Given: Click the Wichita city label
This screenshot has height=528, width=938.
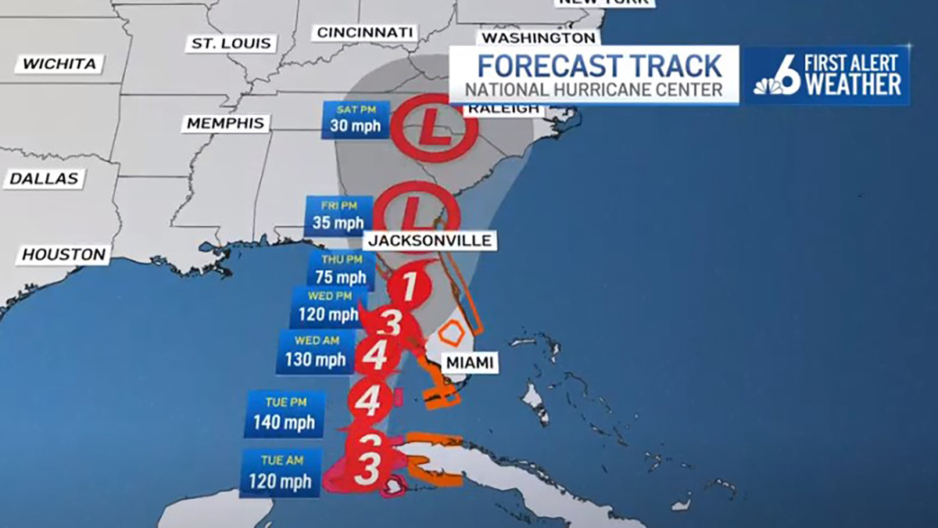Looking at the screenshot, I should pyautogui.click(x=59, y=64).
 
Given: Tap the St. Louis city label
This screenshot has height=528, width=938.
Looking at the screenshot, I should pyautogui.click(x=231, y=43).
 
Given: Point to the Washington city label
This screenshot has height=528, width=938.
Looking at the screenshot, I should pyautogui.click(x=538, y=38).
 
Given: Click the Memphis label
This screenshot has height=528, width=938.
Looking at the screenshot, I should pyautogui.click(x=226, y=124).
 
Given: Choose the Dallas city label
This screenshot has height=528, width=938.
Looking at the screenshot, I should pyautogui.click(x=45, y=178).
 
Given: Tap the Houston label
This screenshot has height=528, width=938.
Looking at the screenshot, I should pyautogui.click(x=64, y=254).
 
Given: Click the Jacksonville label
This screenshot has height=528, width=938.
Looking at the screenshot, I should pyautogui.click(x=431, y=240).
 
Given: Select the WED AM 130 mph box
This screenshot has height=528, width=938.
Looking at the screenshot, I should pyautogui.click(x=314, y=352).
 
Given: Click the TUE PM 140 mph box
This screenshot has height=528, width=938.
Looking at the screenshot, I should pyautogui.click(x=284, y=415).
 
